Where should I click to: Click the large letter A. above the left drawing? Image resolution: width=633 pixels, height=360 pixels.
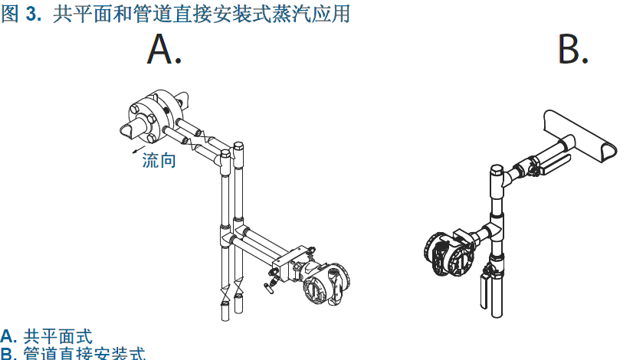pyautogui.click(x=163, y=50)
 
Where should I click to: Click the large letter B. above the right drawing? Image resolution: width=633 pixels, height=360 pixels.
pyautogui.click(x=572, y=50)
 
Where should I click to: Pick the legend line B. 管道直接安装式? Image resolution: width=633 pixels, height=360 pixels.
pyautogui.click(x=72, y=353)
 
